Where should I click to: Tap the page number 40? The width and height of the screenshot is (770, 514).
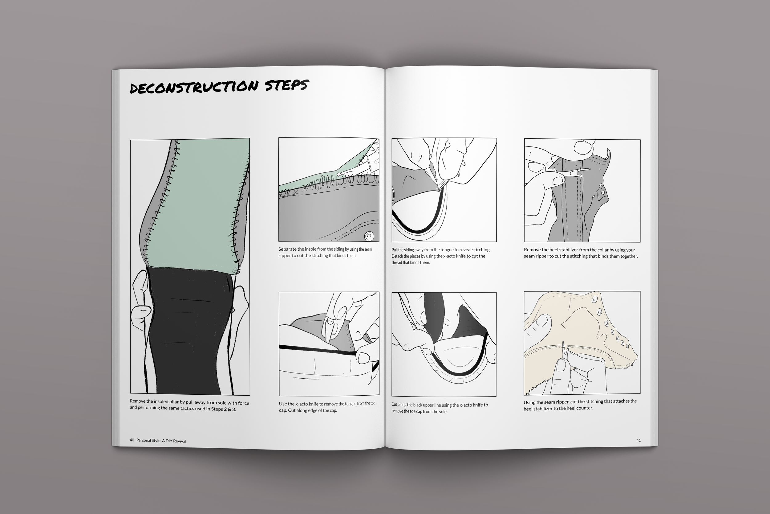132,440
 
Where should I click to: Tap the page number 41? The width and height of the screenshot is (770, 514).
638,440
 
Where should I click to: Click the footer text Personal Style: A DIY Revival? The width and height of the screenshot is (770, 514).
161,441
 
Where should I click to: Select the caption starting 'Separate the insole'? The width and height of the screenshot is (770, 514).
325,253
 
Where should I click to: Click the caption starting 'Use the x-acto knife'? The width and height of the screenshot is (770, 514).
327,407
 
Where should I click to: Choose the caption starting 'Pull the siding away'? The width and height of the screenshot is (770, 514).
441,256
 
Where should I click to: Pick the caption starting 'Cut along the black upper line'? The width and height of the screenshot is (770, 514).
439,408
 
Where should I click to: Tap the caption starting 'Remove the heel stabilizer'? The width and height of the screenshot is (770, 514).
581,253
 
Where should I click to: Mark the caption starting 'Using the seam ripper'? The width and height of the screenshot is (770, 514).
580,405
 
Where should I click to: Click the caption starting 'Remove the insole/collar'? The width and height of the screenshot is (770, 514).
189,406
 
